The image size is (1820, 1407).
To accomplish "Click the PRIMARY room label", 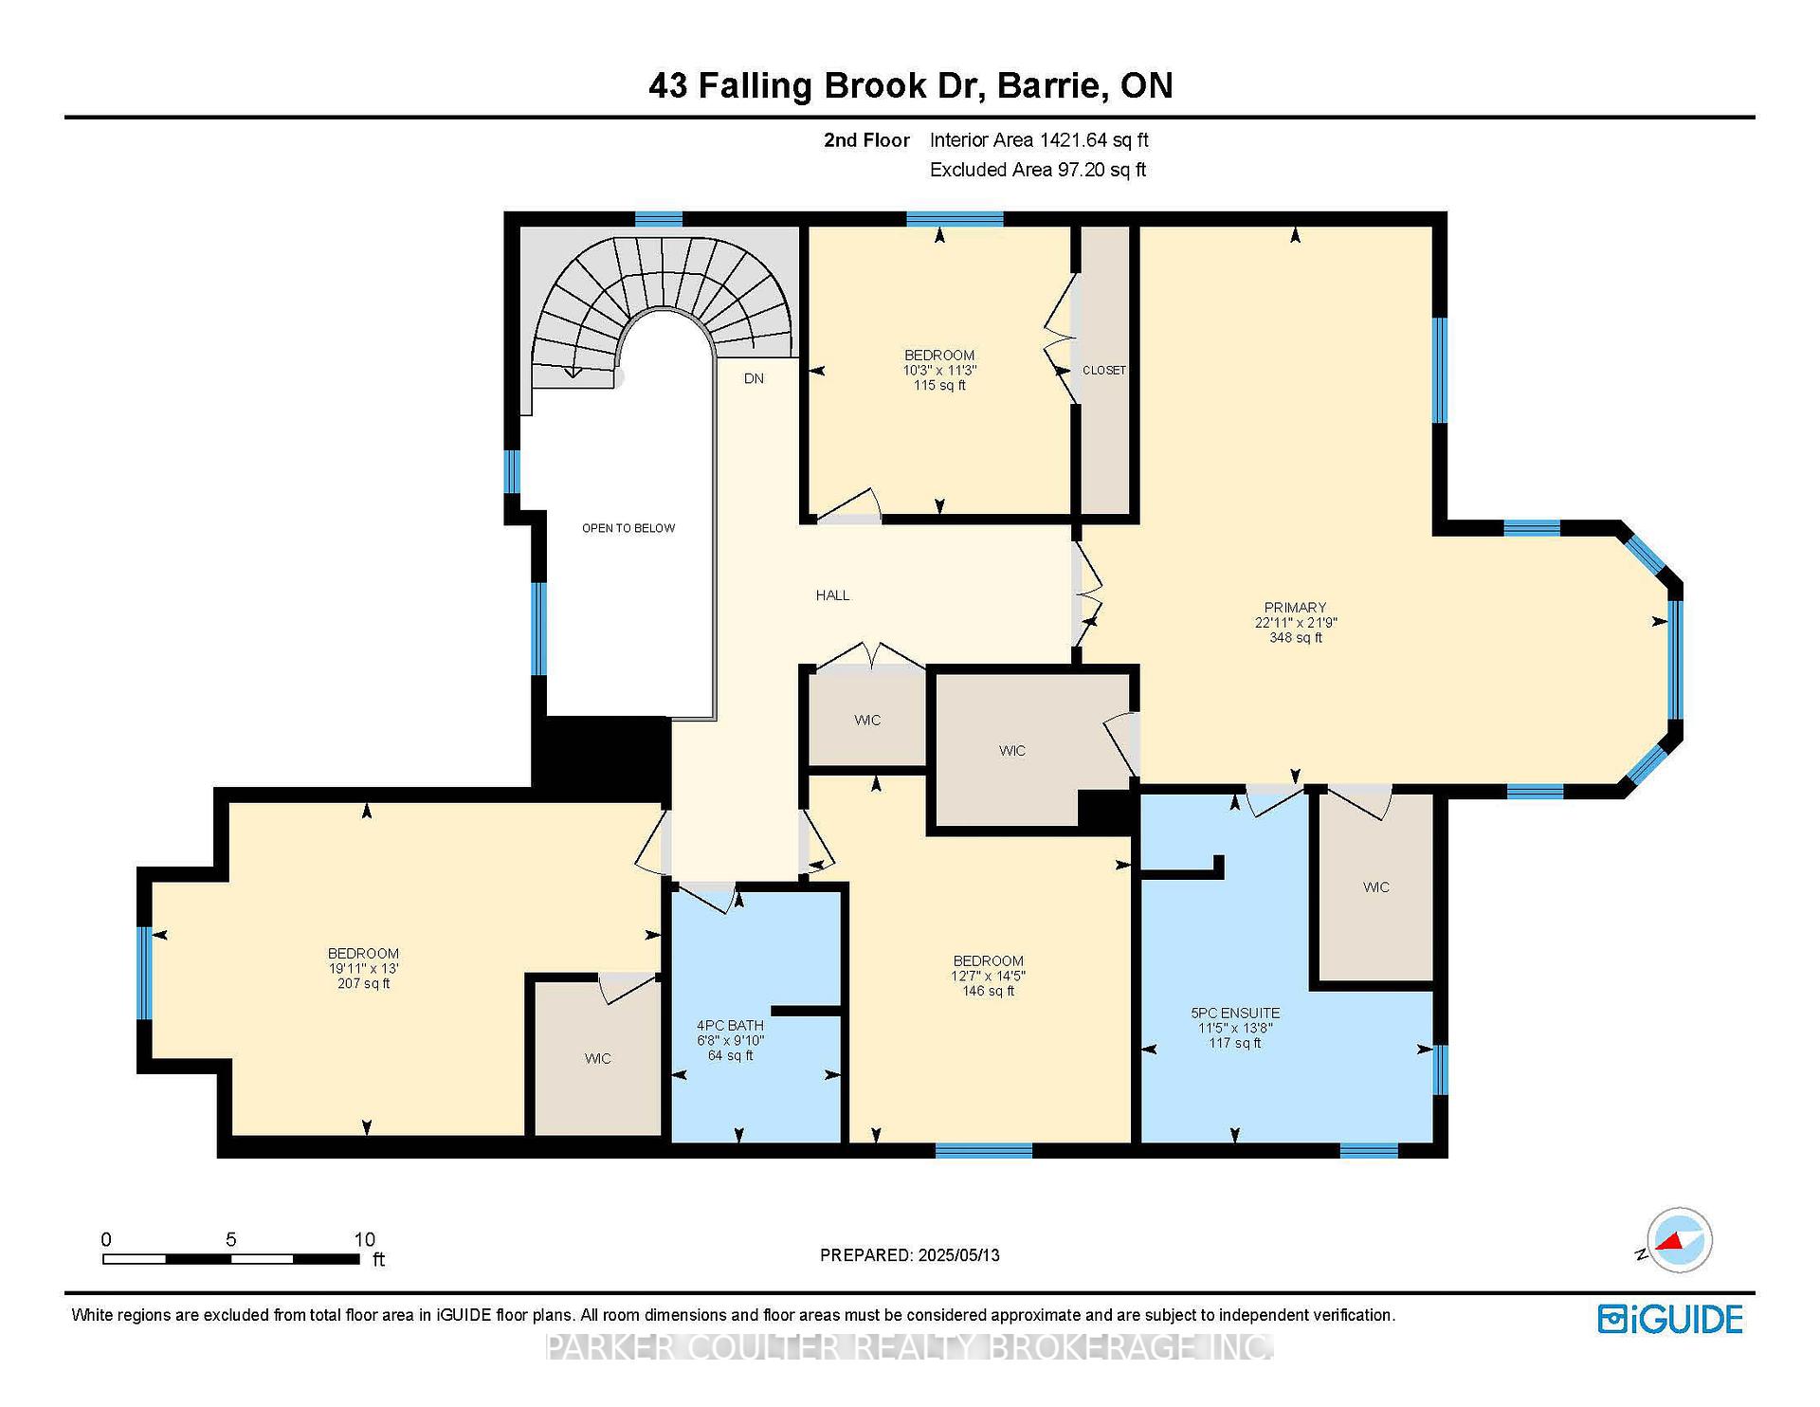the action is (1295, 608).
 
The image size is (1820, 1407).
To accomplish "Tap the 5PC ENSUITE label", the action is (1235, 1013).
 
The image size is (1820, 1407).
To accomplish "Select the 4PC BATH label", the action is (730, 1025).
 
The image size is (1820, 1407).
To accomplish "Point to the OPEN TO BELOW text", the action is (628, 528).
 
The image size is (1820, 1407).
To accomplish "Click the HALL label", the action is (833, 595).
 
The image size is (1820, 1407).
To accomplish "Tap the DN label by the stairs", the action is (754, 378).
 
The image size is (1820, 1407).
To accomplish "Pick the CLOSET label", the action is (1104, 370).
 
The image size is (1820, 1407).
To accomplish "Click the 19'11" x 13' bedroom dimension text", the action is (363, 969).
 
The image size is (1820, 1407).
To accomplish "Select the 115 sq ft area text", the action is (939, 385).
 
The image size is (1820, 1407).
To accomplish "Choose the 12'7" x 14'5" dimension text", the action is (989, 976).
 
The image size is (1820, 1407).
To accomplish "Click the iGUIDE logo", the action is (1670, 1319).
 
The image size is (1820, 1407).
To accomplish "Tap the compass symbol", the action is (1679, 1240).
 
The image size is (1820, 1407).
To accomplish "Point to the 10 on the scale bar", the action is (365, 1239).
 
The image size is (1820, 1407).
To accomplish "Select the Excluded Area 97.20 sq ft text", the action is (1038, 170).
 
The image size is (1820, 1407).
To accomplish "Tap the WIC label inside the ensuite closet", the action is (1376, 887).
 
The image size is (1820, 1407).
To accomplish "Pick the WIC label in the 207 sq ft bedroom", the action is (597, 1059).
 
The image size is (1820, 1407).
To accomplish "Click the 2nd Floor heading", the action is (866, 140).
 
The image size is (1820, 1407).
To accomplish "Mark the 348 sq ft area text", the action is (1296, 638).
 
